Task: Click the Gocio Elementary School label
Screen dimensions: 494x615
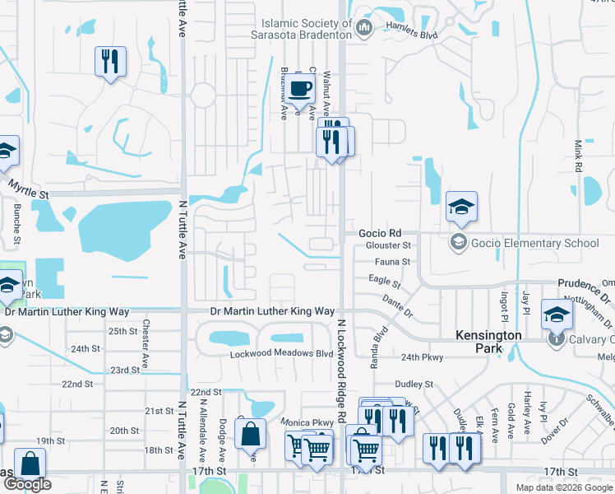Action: point(534,243)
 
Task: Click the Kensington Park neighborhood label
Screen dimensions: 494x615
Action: point(489,343)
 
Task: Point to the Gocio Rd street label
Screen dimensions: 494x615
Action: point(379,233)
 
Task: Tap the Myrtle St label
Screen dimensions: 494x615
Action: point(29,189)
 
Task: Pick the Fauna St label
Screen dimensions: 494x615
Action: point(394,262)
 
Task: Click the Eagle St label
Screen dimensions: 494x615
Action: point(384,282)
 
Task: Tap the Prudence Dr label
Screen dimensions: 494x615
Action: point(585,283)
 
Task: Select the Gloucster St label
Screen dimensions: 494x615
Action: point(388,245)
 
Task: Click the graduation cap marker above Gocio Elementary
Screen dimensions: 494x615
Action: point(461,207)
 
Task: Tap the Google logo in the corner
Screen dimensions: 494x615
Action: point(26,484)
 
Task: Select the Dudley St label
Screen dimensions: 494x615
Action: point(413,384)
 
